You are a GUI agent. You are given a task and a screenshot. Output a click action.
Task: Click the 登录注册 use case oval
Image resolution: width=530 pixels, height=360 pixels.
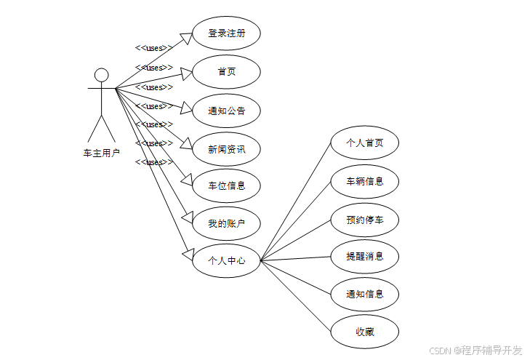point(226,33)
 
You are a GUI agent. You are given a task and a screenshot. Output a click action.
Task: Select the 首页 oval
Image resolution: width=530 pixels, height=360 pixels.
point(226,72)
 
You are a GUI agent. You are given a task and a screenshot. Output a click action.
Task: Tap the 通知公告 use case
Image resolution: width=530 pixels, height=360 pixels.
point(226,111)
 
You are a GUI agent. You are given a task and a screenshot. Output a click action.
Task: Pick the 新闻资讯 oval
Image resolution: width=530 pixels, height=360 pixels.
point(226,149)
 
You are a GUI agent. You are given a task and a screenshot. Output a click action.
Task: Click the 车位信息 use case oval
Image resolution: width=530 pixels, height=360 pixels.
point(226,185)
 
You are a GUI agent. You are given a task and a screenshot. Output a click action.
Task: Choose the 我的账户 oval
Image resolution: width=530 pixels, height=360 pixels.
point(226,223)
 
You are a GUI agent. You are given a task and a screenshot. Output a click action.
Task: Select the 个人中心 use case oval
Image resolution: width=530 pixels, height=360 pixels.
point(226,260)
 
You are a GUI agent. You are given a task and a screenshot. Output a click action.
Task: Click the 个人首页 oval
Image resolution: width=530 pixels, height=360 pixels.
point(364,143)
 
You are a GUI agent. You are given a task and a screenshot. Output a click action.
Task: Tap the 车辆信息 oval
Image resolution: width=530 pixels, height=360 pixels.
point(364,181)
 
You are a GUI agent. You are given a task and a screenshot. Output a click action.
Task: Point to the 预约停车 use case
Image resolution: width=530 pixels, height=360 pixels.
point(364,219)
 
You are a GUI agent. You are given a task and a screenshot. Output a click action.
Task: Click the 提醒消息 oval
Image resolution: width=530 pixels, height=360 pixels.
point(364,256)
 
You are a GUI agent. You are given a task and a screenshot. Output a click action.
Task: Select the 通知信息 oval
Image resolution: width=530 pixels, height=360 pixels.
point(364,294)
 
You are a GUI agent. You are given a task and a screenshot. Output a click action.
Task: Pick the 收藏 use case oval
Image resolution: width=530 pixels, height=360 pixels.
point(364,332)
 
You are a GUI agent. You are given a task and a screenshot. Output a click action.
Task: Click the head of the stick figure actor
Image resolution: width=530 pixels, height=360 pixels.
point(102,75)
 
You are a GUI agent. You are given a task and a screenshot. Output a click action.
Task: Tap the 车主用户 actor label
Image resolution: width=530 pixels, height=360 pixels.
point(102,153)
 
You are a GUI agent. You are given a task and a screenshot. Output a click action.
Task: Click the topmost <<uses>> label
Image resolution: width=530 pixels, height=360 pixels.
point(154,49)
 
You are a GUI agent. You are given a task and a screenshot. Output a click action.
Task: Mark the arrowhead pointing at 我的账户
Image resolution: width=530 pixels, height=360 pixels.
point(185,217)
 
